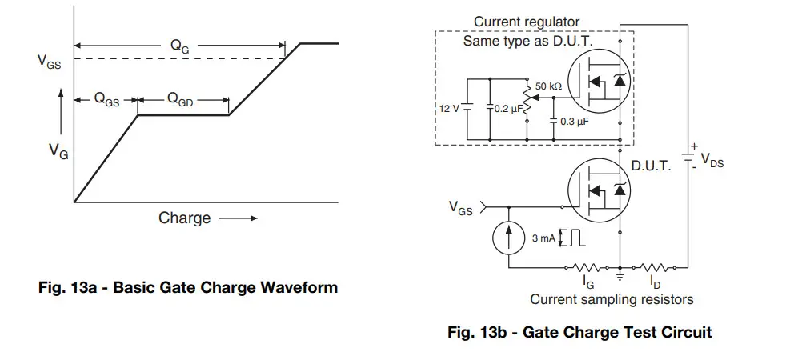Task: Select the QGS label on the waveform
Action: pyautogui.click(x=106, y=100)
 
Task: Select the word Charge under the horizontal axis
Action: pyautogui.click(x=185, y=218)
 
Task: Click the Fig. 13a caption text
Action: pyautogui.click(x=188, y=287)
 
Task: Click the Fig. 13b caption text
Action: pyautogui.click(x=579, y=332)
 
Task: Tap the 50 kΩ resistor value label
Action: pyautogui.click(x=549, y=85)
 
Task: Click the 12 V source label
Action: pyautogui.click(x=450, y=109)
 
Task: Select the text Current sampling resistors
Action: pyautogui.click(x=612, y=299)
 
